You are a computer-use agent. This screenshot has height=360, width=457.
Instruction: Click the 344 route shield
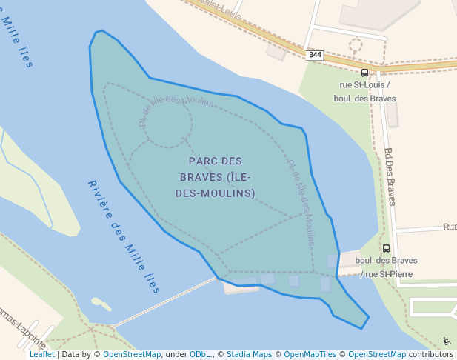click(316, 55)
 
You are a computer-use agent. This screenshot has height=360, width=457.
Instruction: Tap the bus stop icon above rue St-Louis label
click(364, 73)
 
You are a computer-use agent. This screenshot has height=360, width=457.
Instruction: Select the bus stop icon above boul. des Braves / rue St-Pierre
click(386, 249)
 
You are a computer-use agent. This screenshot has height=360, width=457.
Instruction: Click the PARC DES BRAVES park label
click(216, 177)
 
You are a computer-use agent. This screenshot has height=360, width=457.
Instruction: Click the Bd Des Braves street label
click(390, 176)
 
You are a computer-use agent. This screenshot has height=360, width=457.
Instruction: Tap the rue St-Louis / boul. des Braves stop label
click(364, 92)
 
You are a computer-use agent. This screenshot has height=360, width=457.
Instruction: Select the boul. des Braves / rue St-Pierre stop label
click(386, 267)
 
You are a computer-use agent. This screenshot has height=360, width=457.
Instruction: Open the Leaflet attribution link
click(42, 354)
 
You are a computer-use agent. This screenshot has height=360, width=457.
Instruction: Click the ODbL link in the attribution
click(201, 354)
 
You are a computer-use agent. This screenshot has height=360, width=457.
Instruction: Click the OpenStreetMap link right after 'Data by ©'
click(132, 354)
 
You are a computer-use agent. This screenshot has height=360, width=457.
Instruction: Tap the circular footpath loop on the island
click(168, 123)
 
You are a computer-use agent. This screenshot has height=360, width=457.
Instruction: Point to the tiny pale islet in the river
click(101, 304)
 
